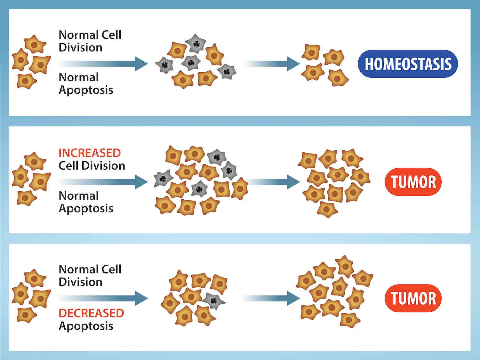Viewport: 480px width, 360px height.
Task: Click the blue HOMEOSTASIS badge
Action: [408, 64]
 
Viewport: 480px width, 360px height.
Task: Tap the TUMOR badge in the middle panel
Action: [413, 182]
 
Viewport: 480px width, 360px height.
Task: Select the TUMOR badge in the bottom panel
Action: [413, 298]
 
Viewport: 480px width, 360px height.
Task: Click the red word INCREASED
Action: [90, 153]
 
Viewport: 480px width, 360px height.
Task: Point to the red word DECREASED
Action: [91, 313]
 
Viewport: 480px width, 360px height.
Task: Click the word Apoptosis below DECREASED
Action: [86, 326]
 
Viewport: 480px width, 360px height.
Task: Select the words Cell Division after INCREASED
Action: [92, 166]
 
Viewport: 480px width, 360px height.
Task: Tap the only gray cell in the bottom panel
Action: [213, 300]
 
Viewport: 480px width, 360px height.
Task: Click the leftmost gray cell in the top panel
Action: [164, 65]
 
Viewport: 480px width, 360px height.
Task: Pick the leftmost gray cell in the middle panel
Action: [163, 179]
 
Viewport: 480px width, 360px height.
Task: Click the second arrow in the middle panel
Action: [274, 182]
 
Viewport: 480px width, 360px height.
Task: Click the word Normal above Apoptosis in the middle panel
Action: [79, 196]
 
